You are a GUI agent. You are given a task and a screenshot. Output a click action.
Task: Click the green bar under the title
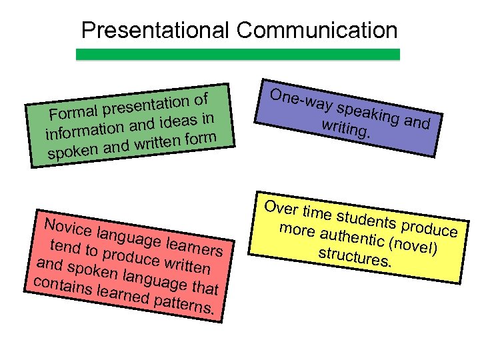pos(238,55)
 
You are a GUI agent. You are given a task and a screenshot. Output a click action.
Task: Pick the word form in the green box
pos(201,137)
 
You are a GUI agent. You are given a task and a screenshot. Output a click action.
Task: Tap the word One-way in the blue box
pos(301,100)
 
